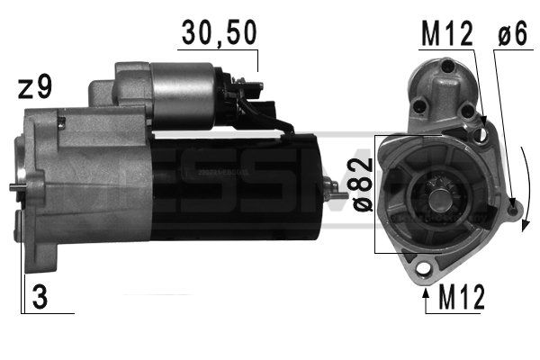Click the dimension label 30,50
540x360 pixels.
tap(218, 33)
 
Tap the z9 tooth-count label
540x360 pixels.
tap(35, 87)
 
